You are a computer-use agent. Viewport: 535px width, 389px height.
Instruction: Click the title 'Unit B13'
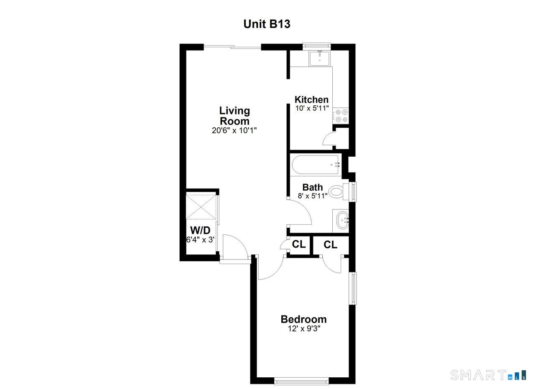(x=267, y=24)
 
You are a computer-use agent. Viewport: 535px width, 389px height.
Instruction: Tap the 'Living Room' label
(x=234, y=116)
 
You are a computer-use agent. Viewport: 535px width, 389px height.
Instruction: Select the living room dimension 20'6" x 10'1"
(x=234, y=130)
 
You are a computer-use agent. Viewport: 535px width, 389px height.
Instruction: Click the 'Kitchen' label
(x=311, y=99)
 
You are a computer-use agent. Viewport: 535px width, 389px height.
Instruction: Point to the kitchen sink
(x=320, y=58)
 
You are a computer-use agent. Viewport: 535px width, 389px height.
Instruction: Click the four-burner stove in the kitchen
(x=341, y=116)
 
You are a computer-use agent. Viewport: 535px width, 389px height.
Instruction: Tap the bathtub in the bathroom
(x=316, y=165)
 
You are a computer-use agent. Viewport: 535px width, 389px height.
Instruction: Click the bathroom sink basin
(x=343, y=220)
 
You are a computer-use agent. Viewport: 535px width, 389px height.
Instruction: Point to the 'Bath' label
(x=313, y=187)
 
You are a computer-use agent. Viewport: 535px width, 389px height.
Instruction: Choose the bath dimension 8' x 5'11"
(x=313, y=195)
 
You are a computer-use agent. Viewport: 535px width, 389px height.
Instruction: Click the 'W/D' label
(x=200, y=230)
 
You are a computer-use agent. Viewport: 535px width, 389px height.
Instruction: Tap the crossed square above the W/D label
(x=201, y=206)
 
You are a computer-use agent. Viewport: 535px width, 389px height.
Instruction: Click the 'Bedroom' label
(x=303, y=319)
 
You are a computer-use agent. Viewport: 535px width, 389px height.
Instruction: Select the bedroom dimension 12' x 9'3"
(x=303, y=328)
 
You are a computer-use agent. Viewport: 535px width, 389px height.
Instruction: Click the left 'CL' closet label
(x=298, y=244)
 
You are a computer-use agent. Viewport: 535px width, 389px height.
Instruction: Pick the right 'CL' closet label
(x=330, y=244)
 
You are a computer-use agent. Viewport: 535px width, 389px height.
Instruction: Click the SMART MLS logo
(x=488, y=375)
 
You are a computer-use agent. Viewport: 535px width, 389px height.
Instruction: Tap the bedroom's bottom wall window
(x=302, y=381)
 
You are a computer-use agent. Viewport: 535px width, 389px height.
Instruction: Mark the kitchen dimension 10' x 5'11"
(x=312, y=108)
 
